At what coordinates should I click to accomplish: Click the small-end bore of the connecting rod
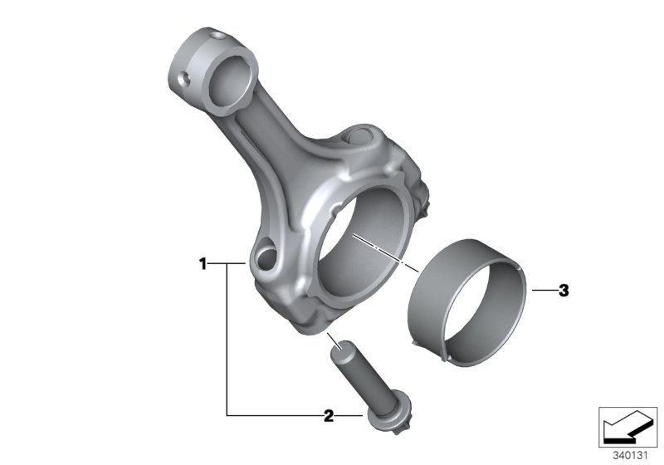[230, 83]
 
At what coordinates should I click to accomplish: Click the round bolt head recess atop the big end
[359, 135]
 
